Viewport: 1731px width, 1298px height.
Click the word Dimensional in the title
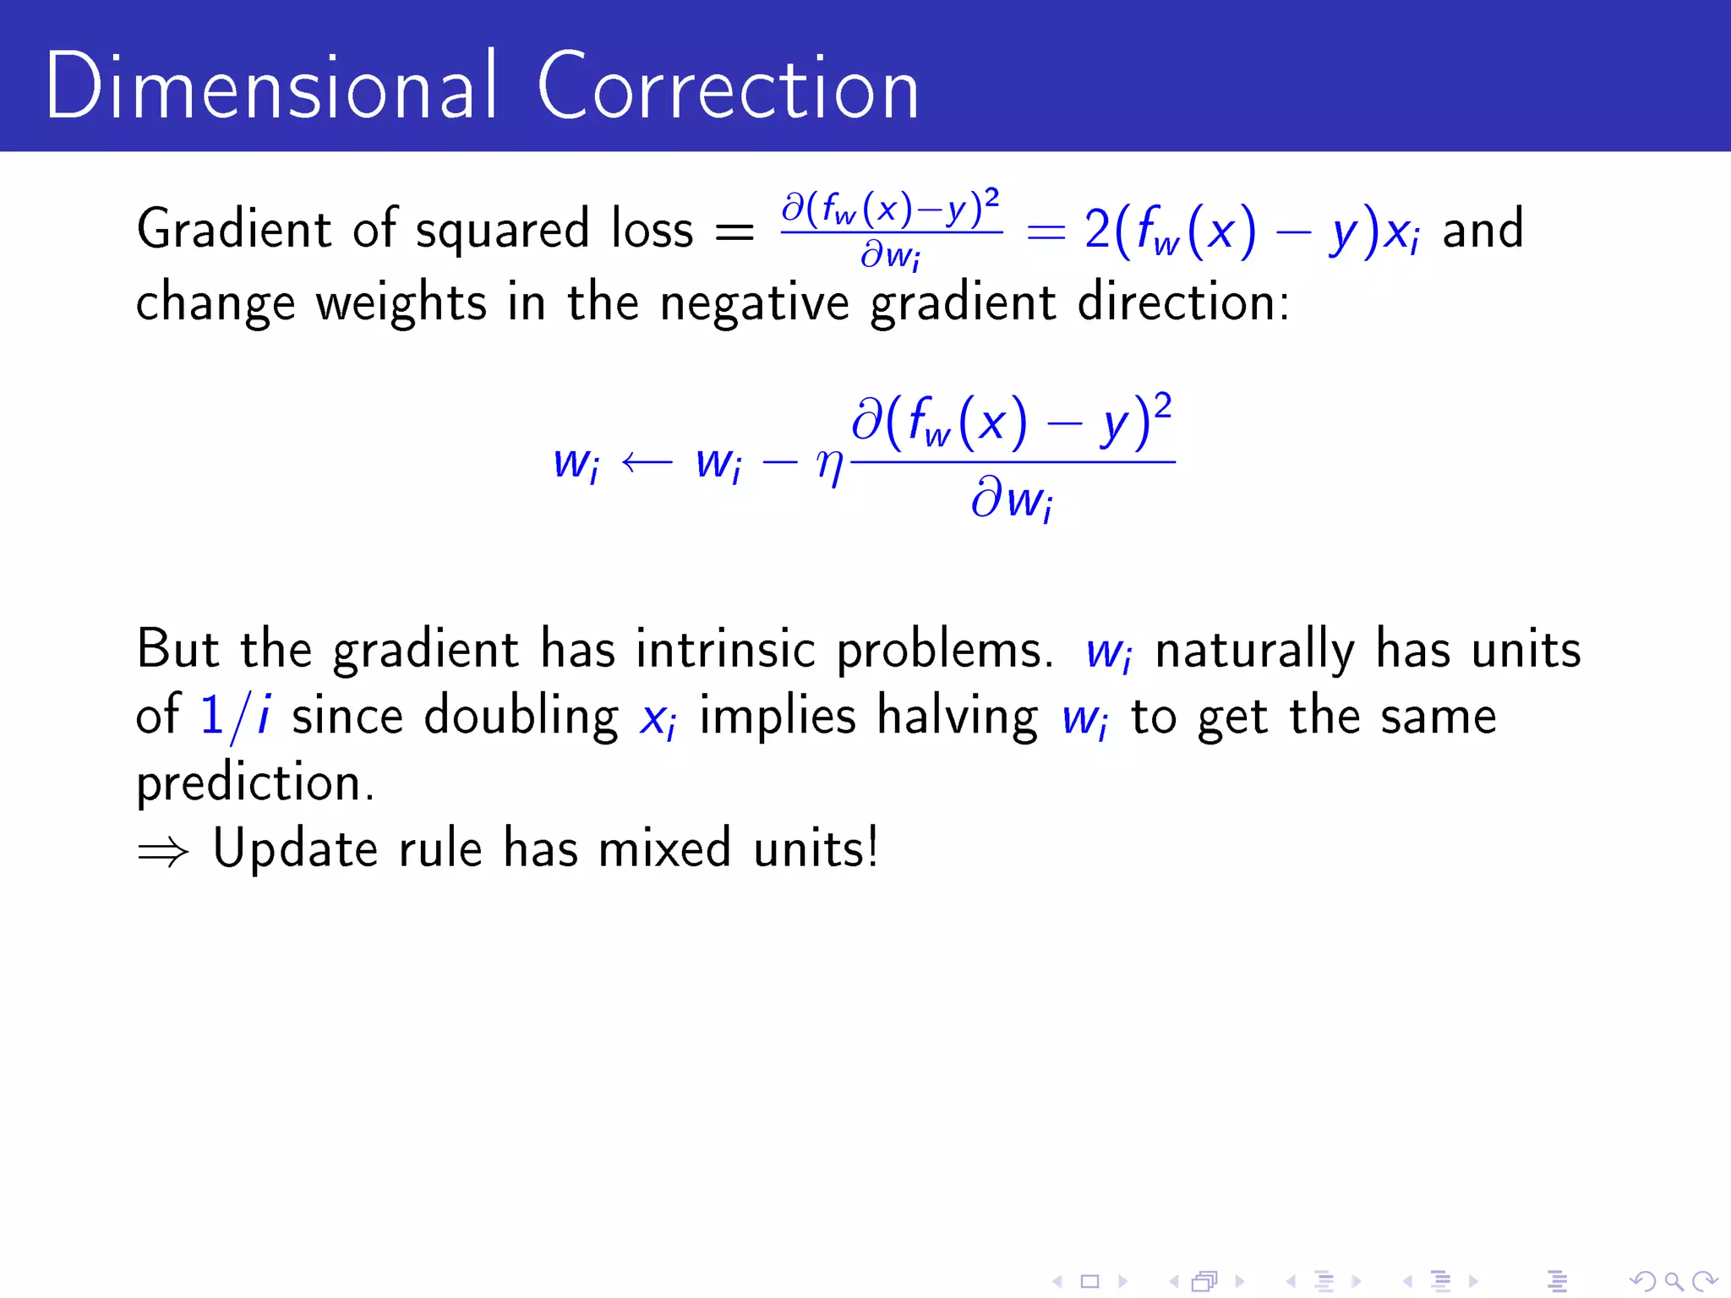point(270,86)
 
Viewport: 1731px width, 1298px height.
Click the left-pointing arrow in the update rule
point(647,461)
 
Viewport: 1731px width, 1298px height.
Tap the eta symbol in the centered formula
point(830,464)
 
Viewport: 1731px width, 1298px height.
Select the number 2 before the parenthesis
point(1097,230)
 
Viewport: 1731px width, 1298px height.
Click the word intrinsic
point(725,650)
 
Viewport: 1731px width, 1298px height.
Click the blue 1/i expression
point(235,717)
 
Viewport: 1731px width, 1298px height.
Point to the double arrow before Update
point(163,852)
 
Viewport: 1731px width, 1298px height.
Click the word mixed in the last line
point(664,848)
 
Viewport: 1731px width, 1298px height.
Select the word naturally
point(1254,652)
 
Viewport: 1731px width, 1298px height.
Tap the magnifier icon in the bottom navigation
point(1674,1282)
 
